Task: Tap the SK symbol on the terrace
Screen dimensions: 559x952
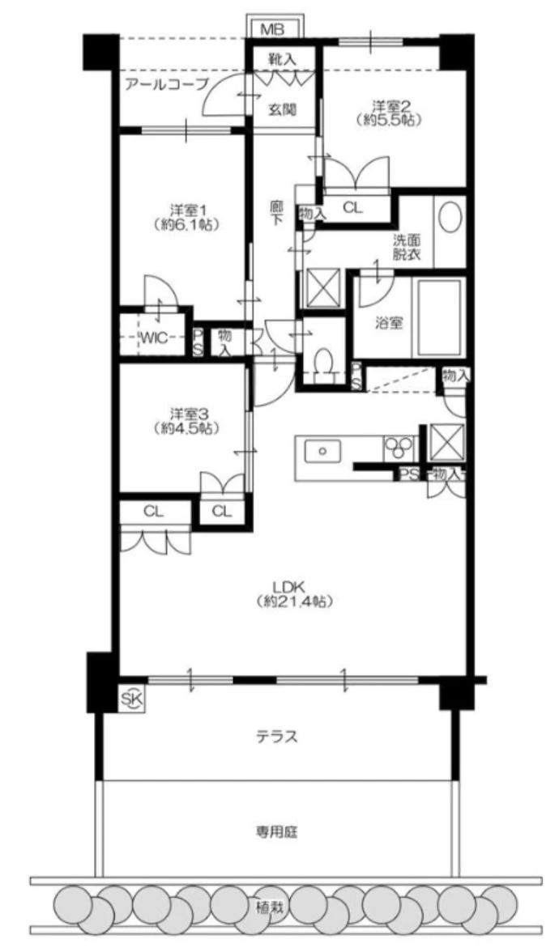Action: coord(133,699)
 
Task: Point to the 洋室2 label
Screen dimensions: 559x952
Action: coord(389,105)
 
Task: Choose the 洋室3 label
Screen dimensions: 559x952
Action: coord(186,414)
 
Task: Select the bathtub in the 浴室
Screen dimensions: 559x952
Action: coord(438,317)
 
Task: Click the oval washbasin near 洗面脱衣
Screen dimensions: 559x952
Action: coord(450,217)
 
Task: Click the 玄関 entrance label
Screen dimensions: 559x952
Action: coord(283,110)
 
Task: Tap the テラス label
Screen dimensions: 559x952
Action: coord(276,737)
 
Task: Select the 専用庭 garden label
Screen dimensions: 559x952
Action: coord(276,831)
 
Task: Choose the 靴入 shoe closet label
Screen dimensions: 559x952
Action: coord(284,59)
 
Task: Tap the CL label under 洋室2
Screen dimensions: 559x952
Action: coord(352,207)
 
